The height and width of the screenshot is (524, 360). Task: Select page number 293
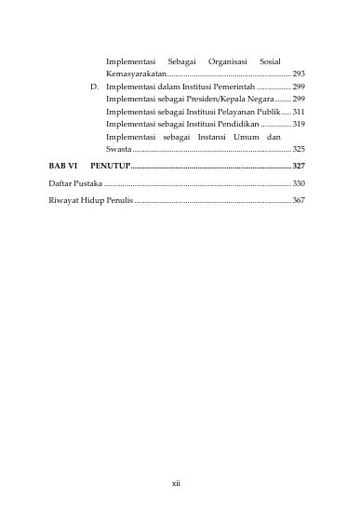click(299, 72)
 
